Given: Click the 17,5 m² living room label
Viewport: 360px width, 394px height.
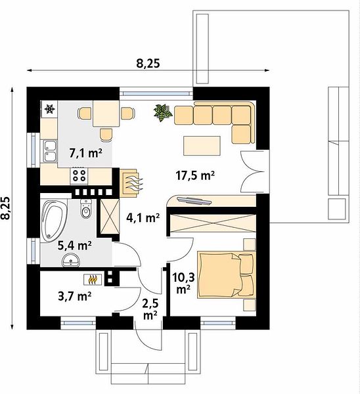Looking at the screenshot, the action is [x=195, y=175].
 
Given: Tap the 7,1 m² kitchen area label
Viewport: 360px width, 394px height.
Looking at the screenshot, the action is [x=85, y=152].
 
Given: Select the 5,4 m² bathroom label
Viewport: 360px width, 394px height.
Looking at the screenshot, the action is [x=74, y=245].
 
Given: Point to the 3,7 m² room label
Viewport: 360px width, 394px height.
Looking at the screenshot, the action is [x=74, y=296].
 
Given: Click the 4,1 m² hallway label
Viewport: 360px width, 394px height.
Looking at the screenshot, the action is [x=143, y=217].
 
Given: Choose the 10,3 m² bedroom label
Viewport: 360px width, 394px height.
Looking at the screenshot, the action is [x=183, y=283].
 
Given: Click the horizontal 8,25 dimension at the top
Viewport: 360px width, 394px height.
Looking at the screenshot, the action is [x=148, y=63].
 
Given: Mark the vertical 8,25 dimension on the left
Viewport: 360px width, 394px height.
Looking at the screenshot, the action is [x=6, y=208].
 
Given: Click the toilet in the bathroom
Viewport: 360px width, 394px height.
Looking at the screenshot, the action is [x=85, y=208].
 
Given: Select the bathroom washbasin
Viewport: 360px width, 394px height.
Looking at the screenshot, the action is [x=71, y=260].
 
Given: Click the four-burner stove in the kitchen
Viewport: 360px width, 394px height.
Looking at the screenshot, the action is [x=79, y=175].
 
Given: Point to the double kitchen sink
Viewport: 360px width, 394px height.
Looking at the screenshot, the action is [x=51, y=151].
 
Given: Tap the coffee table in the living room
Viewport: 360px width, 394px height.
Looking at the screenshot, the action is [x=202, y=146].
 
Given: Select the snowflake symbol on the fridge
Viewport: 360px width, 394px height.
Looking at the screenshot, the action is [x=49, y=109].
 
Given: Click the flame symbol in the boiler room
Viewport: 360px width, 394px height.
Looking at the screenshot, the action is [x=93, y=279].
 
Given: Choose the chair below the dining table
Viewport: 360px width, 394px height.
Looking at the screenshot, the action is [x=106, y=135].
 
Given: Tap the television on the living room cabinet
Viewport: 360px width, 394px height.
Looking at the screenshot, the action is [x=194, y=200].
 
